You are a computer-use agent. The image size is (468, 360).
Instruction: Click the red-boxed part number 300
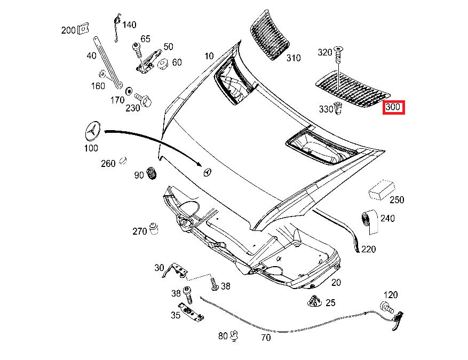[393, 107]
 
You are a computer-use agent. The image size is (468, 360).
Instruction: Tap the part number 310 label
[294, 58]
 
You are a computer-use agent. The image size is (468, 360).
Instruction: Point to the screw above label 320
[338, 52]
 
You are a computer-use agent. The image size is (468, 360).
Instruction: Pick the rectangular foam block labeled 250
[382, 189]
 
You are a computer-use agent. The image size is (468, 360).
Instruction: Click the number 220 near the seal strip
[368, 249]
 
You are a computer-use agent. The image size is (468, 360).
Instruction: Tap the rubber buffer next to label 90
[152, 174]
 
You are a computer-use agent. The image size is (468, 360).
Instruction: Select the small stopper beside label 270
[155, 228]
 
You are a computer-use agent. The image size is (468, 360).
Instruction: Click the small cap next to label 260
[123, 160]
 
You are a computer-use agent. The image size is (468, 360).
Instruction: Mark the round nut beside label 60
[163, 65]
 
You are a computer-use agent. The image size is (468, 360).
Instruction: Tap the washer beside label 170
[129, 91]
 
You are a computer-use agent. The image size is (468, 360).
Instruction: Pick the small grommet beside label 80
[234, 336]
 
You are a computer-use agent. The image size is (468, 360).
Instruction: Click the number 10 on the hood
[209, 56]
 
